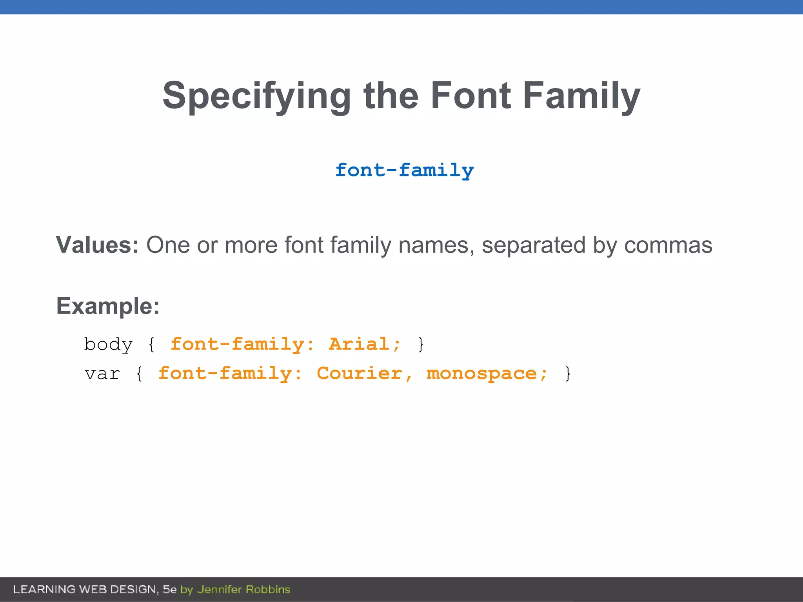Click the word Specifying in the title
[x=257, y=96]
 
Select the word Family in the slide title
[x=581, y=96]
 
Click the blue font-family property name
[x=404, y=170]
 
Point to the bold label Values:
[x=97, y=245]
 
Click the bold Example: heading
[x=108, y=306]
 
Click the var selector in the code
[x=102, y=374]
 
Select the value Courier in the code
[x=360, y=374]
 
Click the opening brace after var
[x=139, y=374]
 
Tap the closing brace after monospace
[x=567, y=374]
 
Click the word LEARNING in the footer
[x=44, y=589]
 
